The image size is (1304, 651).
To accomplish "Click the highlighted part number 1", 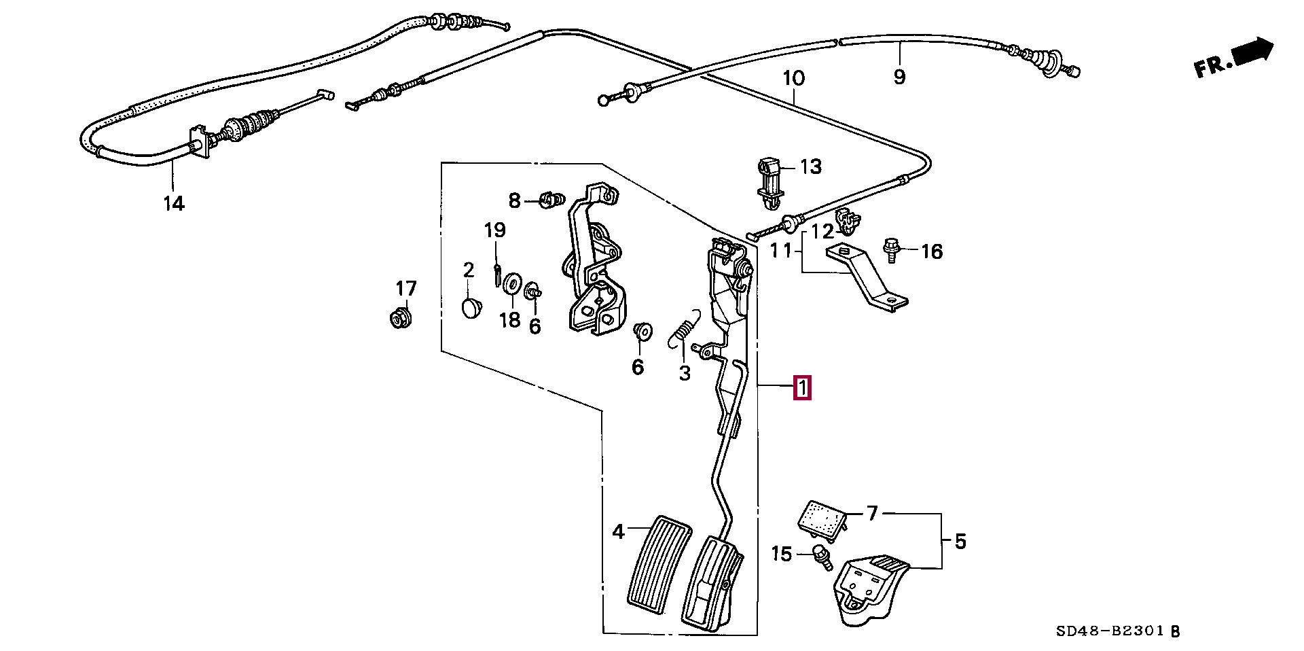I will [x=801, y=389].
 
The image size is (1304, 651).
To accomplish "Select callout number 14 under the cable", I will [x=174, y=203].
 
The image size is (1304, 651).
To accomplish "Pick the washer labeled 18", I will [x=513, y=281].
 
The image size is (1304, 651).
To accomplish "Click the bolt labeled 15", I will [x=822, y=557].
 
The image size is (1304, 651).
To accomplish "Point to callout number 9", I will [x=899, y=77].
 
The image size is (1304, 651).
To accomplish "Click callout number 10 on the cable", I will [x=793, y=79].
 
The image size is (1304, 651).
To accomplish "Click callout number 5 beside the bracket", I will [x=960, y=542].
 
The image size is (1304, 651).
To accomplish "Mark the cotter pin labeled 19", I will [x=497, y=272].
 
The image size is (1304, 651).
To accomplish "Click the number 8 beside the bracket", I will [x=514, y=200].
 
